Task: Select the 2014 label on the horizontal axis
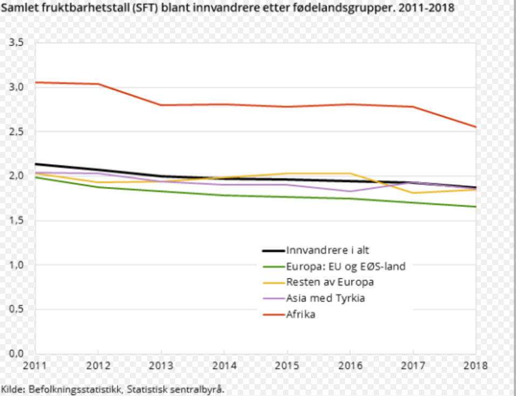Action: click(x=223, y=366)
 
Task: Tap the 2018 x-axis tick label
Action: click(x=476, y=366)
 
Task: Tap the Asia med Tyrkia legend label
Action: click(x=325, y=298)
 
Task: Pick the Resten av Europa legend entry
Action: click(x=329, y=282)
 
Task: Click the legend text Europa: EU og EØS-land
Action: click(x=345, y=266)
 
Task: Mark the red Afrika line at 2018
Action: click(x=476, y=127)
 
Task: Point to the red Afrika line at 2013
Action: click(x=160, y=105)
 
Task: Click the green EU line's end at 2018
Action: click(x=476, y=207)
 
